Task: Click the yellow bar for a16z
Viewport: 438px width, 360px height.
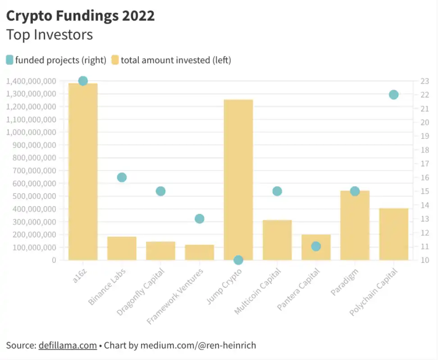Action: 83,171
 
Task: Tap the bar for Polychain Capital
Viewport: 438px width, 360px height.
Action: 394,234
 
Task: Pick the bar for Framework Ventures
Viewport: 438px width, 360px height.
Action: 200,252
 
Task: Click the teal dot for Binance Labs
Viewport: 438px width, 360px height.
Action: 122,177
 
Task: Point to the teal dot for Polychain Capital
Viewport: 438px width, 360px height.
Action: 394,95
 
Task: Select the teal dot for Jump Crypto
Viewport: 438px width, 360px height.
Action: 238,260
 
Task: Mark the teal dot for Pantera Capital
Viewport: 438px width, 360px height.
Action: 316,246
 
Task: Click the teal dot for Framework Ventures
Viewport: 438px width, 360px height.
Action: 200,219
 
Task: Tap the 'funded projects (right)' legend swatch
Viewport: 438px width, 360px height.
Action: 10,60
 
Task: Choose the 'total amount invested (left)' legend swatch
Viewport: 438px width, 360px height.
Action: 115,60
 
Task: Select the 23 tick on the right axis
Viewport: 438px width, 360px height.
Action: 424,81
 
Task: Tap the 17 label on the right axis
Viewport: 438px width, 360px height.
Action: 424,164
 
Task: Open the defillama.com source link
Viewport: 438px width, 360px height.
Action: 68,346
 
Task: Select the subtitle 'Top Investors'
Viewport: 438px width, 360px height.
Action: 50,34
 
